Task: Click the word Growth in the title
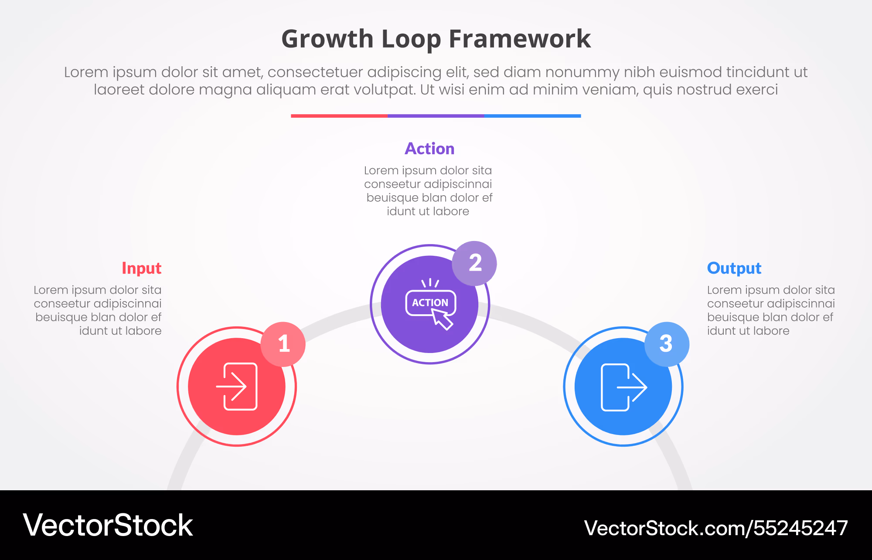point(327,39)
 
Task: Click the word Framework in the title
point(520,39)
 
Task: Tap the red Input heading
point(142,268)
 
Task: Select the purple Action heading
point(429,149)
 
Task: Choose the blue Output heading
point(734,268)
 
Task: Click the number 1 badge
point(283,344)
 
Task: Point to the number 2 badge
point(474,263)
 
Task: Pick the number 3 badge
point(667,344)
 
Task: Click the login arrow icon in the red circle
point(237,387)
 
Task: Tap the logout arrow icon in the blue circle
point(624,387)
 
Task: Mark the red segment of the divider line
point(339,116)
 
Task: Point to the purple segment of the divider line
point(436,116)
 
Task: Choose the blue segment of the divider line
point(533,116)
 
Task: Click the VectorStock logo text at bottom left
point(108,525)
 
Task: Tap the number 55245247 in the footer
point(800,528)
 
